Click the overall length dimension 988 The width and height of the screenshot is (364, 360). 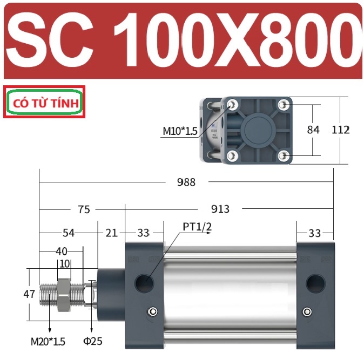pyautogui.click(x=186, y=182)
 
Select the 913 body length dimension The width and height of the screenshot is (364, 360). pyautogui.click(x=220, y=209)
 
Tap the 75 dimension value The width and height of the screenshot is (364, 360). pyautogui.click(x=84, y=209)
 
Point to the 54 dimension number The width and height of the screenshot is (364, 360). pyautogui.click(x=69, y=233)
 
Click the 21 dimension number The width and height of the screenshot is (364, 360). pyautogui.click(x=111, y=233)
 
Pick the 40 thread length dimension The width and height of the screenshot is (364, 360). pyautogui.click(x=62, y=251)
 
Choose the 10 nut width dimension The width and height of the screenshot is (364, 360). pyautogui.click(x=64, y=264)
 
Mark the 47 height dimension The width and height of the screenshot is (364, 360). pyautogui.click(x=29, y=294)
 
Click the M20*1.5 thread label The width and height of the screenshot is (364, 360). pyautogui.click(x=48, y=342)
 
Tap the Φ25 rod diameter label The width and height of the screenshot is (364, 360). pyautogui.click(x=93, y=341)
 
